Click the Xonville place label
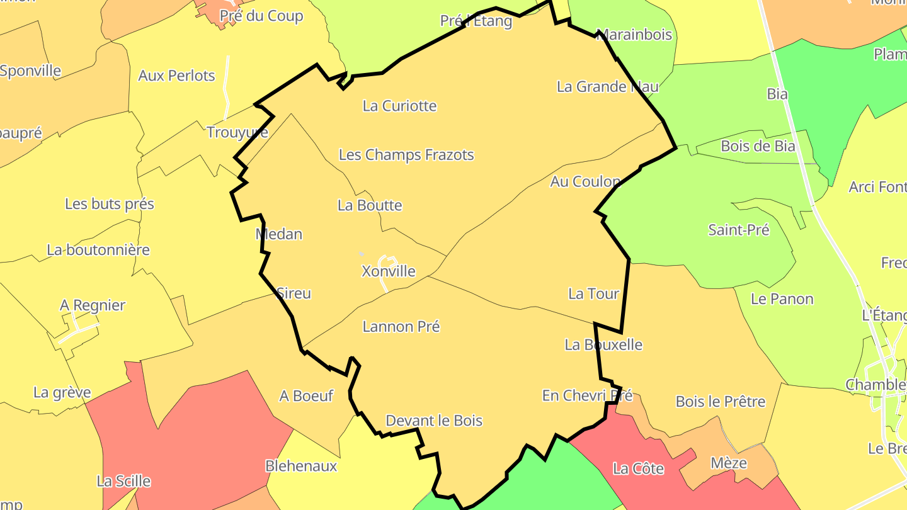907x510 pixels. coord(388,271)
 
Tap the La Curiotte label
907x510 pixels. coord(399,106)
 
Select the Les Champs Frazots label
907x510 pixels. coord(406,155)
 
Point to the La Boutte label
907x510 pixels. coord(370,205)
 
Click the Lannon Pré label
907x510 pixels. coord(401,327)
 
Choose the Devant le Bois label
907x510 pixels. coord(434,421)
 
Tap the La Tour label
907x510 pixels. coord(593,293)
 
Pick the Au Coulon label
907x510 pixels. coord(585,182)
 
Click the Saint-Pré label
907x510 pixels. coord(739,230)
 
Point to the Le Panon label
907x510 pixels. coord(782,299)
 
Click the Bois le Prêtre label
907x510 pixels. coord(721,402)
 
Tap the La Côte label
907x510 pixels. coord(639,469)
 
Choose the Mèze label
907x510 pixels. coord(729,463)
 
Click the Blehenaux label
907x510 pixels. coord(301,467)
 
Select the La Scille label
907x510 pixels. coord(123,482)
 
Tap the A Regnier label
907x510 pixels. coord(93,305)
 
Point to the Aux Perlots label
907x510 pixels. coord(176,76)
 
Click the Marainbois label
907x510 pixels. coord(634,35)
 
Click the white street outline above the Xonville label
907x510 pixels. coord(387,259)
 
